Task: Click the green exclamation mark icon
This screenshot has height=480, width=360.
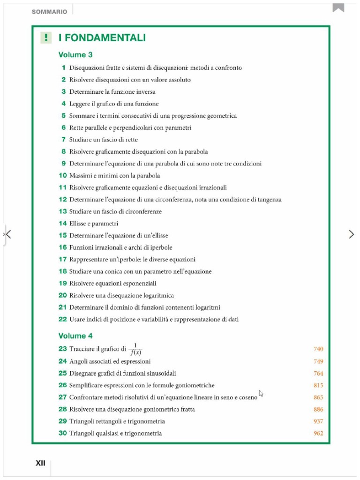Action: [x=45, y=38]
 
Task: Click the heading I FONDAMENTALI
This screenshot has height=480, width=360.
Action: [x=102, y=38]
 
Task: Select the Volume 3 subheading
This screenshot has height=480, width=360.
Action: [x=75, y=55]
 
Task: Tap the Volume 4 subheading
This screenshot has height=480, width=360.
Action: [x=75, y=336]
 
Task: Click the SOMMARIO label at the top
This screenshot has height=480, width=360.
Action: [x=49, y=12]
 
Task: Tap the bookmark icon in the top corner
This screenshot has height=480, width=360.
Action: [x=338, y=7]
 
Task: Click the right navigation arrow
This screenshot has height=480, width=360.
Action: [x=352, y=234]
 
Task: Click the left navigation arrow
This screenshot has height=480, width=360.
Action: [x=7, y=234]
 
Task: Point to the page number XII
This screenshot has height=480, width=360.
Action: [x=41, y=463]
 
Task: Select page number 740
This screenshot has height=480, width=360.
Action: [x=318, y=349]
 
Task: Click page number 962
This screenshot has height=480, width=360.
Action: [x=318, y=433]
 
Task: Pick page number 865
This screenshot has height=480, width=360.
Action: [x=318, y=397]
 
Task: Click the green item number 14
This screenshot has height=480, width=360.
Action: [x=63, y=224]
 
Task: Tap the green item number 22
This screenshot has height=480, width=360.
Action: [x=63, y=319]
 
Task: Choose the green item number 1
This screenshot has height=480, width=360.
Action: [x=63, y=67]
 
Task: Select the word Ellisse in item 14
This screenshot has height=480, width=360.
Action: [x=78, y=224]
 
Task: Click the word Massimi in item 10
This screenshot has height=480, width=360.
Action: [x=81, y=176]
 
